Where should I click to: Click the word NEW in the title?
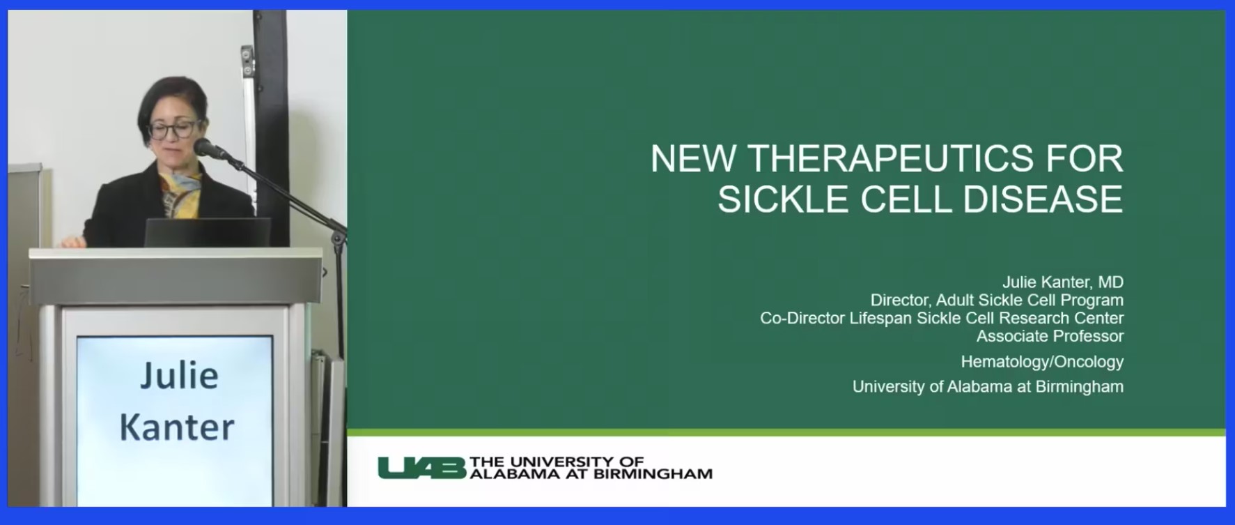pos(692,159)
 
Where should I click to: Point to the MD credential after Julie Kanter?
pos(1110,282)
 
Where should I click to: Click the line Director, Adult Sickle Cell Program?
pos(997,300)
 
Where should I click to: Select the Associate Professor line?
pos(1050,336)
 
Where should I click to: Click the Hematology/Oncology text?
pos(1042,362)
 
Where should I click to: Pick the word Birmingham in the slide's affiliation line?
pos(1079,387)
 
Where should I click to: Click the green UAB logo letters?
pos(421,468)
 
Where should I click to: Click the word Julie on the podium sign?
pos(179,376)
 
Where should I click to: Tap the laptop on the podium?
pos(207,232)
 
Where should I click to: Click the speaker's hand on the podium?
pos(72,241)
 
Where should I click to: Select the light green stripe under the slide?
pos(786,433)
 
